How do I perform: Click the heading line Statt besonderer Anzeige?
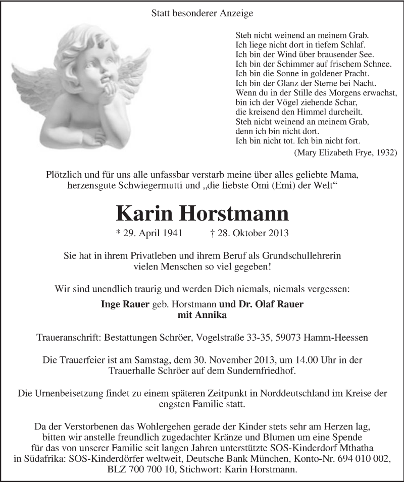click(202, 14)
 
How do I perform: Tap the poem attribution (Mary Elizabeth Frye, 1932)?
click(345, 152)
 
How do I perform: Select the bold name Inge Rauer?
click(125, 304)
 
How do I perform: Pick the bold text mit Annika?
click(202, 315)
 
